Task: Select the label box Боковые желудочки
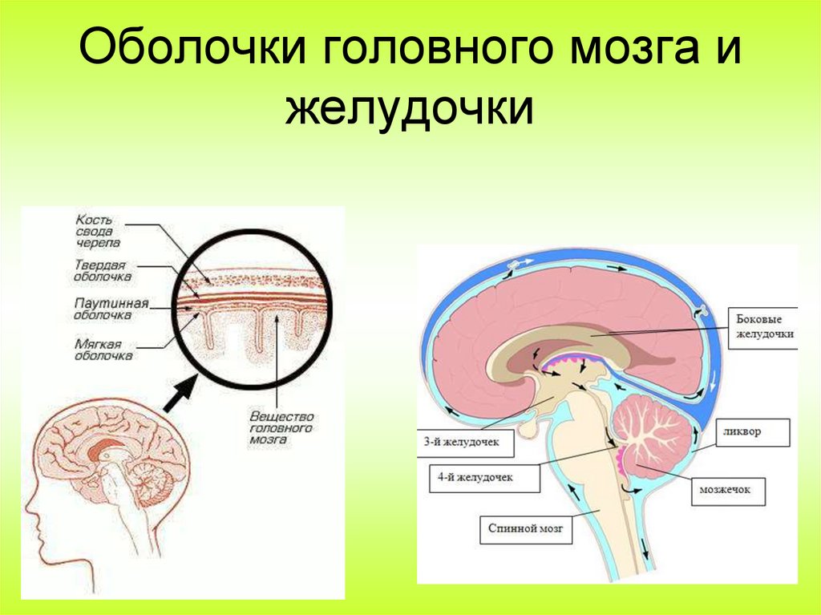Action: [x=764, y=325]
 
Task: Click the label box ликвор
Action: [x=751, y=431]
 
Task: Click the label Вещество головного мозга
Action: [x=280, y=428]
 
